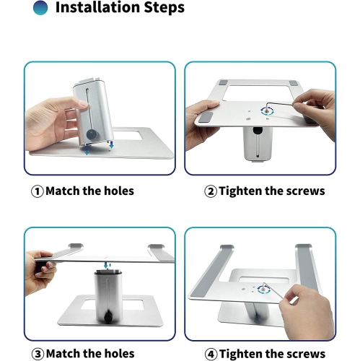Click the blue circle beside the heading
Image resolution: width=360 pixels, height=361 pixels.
pyautogui.click(x=40, y=7)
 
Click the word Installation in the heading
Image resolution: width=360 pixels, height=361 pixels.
pyautogui.click(x=97, y=7)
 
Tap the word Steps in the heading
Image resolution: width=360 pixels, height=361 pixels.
pyautogui.click(x=164, y=8)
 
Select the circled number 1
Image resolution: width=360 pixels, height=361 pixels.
pyautogui.click(x=38, y=191)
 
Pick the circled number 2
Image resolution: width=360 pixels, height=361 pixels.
pyautogui.click(x=211, y=191)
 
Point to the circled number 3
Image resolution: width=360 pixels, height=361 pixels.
pyautogui.click(x=38, y=355)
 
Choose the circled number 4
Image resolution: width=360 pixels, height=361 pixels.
pyautogui.click(x=211, y=355)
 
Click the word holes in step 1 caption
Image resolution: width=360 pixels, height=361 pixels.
pyautogui.click(x=119, y=191)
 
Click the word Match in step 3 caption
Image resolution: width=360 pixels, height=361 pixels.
pyautogui.click(x=63, y=354)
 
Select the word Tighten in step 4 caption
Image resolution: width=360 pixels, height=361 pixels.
pyautogui.click(x=241, y=354)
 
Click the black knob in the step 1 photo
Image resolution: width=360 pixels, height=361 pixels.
pyautogui.click(x=92, y=134)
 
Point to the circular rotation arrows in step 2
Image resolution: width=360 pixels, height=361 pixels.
pyautogui.click(x=267, y=111)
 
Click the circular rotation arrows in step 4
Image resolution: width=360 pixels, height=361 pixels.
pyautogui.click(x=263, y=289)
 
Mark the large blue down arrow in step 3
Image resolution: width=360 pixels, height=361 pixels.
pyautogui.click(x=105, y=266)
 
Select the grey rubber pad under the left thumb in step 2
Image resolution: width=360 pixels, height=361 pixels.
pyautogui.click(x=206, y=118)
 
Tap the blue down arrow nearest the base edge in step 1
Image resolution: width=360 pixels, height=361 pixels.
pyautogui.click(x=87, y=152)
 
